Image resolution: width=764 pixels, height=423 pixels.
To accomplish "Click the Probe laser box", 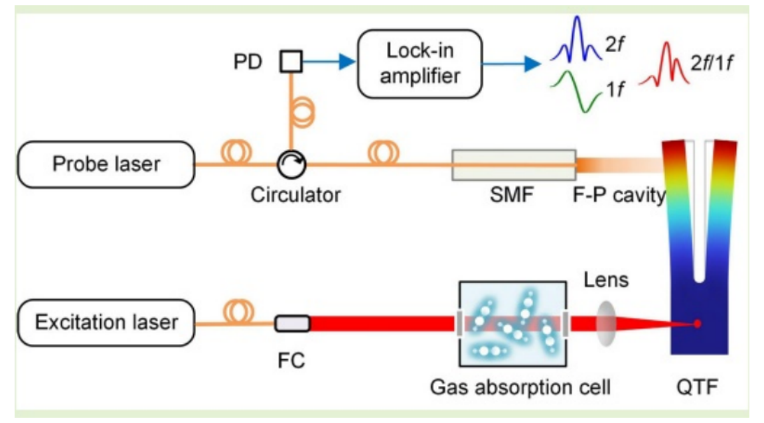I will [106, 163].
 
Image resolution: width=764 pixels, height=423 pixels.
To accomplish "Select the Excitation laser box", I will [106, 323].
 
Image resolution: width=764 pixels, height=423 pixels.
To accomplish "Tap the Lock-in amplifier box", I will [420, 64].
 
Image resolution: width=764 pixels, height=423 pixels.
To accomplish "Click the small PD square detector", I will [291, 62].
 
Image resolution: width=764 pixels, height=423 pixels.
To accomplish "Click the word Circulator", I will [295, 195].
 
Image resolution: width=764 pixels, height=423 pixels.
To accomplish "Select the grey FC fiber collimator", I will [292, 324].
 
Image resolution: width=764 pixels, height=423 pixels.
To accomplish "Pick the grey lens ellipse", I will [606, 323].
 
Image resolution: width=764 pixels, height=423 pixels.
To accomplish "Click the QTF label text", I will [696, 385].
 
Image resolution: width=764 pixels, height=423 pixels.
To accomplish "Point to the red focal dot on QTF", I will [697, 324].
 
